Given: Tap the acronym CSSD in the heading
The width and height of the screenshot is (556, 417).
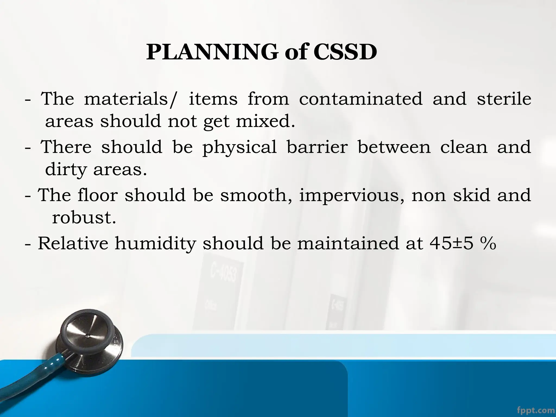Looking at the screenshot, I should coord(345,52).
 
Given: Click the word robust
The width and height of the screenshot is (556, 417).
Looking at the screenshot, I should coord(84,217).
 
